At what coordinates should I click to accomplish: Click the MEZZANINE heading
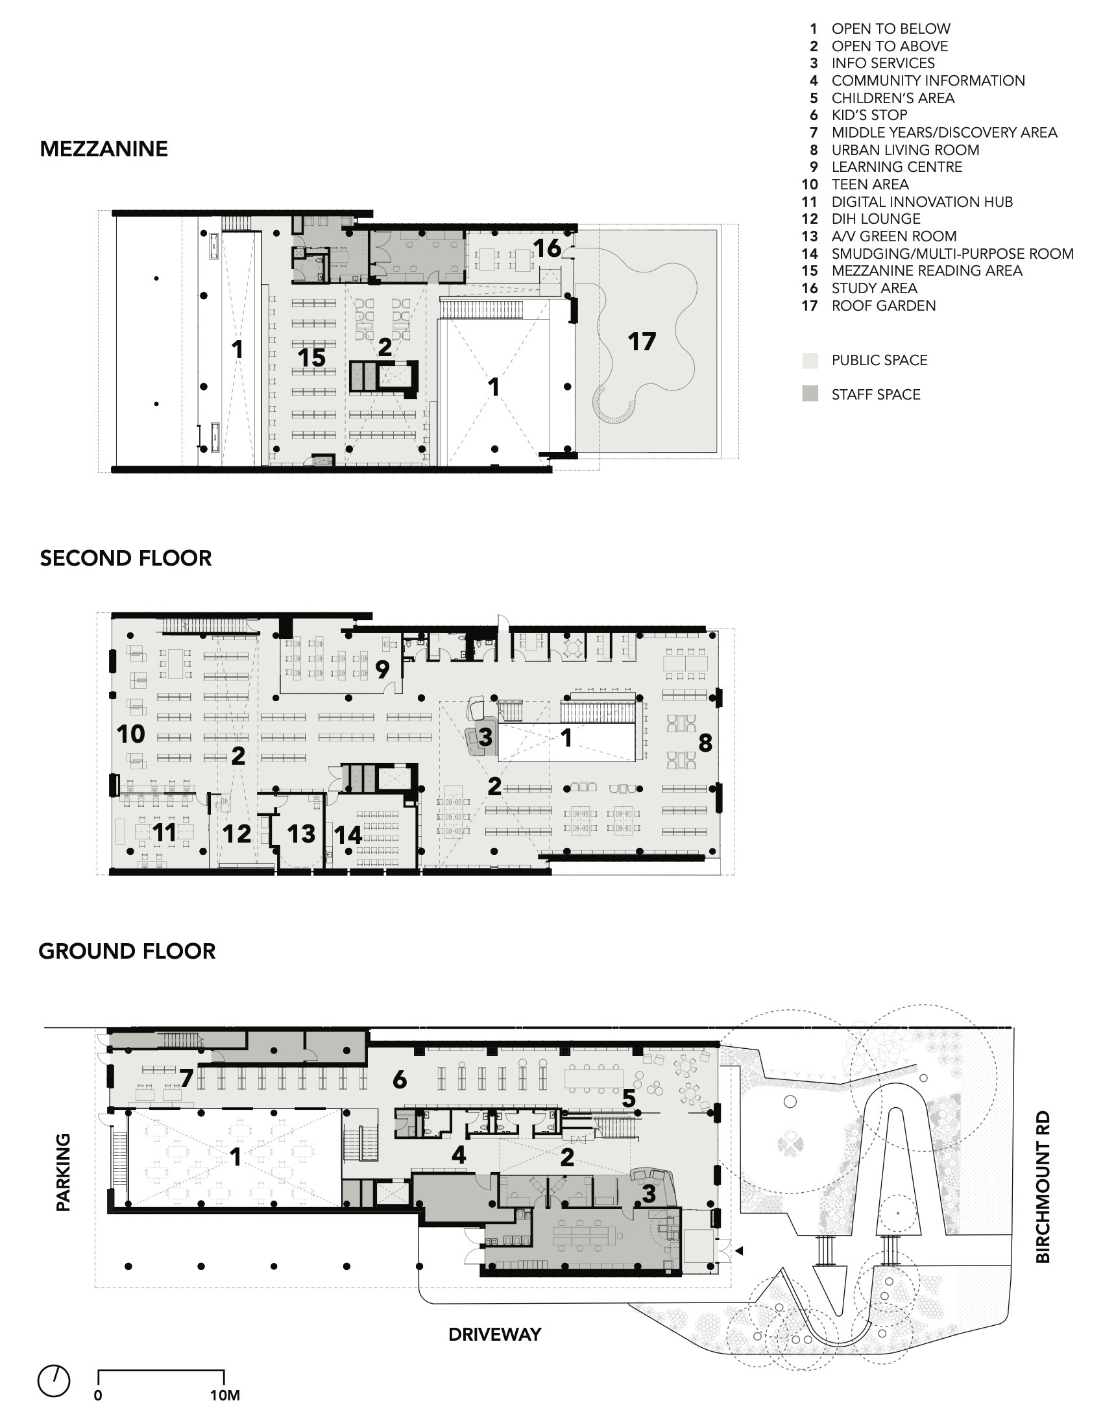104,149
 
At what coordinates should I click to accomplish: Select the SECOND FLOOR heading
125,558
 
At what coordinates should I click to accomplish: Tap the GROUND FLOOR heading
127,952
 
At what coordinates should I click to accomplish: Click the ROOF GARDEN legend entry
883,306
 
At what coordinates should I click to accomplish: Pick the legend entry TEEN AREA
869,185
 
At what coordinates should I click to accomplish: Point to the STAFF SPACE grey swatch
810,394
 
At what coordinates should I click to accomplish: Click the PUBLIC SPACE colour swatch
810,360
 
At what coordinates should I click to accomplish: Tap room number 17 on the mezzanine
641,342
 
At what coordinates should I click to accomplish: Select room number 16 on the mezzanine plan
546,248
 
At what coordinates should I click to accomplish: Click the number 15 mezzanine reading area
311,358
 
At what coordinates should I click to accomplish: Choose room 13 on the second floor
301,833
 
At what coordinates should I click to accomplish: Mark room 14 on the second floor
348,834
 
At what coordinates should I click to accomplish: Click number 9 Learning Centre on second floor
382,669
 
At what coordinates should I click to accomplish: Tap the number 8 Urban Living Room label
705,743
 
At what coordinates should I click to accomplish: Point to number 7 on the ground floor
186,1079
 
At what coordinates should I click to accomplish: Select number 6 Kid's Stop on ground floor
399,1080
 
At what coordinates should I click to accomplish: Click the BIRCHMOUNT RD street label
1043,1186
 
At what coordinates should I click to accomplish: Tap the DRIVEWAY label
494,1334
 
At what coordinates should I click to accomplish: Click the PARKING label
64,1172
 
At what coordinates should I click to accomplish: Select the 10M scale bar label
224,1396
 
